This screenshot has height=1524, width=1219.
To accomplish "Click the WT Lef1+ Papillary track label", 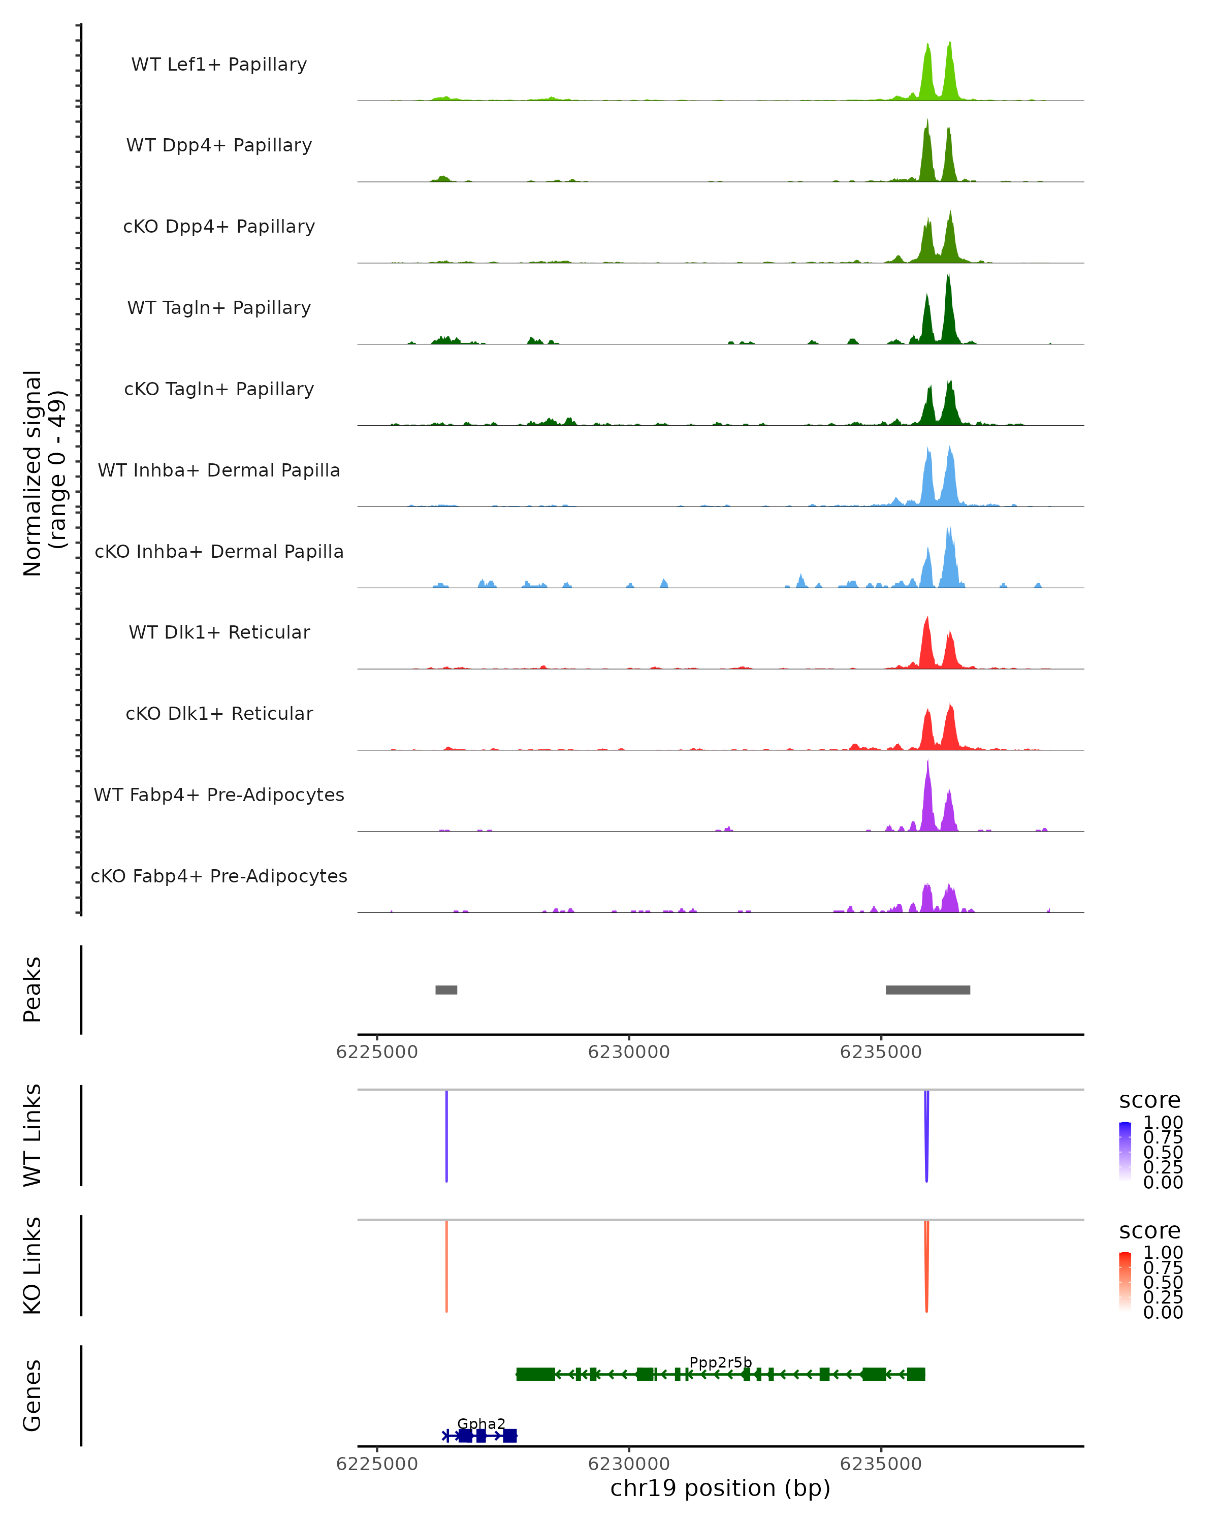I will pos(219,65).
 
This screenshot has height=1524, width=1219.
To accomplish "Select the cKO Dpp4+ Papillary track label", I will pos(219,227).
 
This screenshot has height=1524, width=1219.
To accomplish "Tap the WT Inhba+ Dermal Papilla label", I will pos(219,471).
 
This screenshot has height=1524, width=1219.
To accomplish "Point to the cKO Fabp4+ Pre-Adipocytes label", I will pos(219,876).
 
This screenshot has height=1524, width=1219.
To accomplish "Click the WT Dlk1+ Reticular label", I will pos(219,632).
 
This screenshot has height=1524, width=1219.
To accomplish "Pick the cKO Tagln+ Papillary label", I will pos(219,390).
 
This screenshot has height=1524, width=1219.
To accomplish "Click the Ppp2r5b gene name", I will pos(720,1363).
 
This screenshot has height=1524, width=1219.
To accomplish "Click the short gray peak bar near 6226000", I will pos(446,990).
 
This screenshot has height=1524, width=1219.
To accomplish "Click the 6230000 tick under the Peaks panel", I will pos(629,1053).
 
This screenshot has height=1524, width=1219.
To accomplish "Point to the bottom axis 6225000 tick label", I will pos(377,1465).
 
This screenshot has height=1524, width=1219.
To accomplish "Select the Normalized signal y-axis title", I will pos(44,473).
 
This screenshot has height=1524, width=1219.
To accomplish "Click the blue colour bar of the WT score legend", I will pos(1125,1151).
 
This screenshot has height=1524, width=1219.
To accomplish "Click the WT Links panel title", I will pos(33,1135).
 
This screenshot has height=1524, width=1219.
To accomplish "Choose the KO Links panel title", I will pos(33,1266).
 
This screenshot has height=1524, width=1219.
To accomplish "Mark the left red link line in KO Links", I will pos(446,1265).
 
